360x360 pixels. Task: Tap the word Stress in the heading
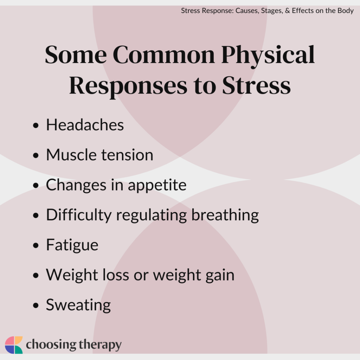[257, 85]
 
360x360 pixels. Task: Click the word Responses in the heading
[128, 85]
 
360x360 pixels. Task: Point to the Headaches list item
[85, 125]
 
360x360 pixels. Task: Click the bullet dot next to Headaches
[36, 126]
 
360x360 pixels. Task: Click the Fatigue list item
[72, 245]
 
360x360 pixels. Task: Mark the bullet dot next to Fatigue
[36, 246]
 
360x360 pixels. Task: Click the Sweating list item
[78, 305]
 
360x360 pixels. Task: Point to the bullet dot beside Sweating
[36, 306]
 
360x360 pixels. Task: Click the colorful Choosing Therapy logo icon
[14, 345]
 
